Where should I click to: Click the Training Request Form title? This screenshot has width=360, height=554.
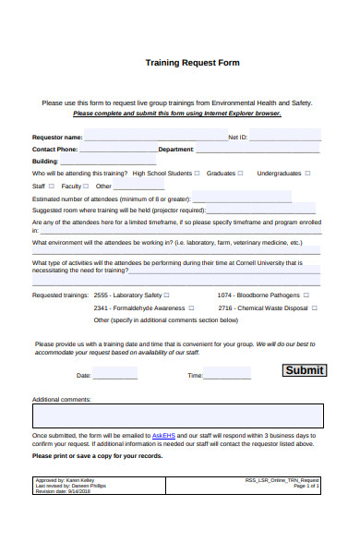tap(193, 64)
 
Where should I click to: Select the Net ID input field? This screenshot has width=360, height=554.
tap(285, 136)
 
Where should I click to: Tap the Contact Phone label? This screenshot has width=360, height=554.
tap(54, 148)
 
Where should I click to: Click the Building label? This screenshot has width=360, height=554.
tap(45, 161)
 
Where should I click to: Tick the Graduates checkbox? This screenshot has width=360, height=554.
tap(241, 173)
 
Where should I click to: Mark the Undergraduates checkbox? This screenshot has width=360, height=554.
tap(308, 173)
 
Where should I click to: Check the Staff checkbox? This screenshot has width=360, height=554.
tap(52, 186)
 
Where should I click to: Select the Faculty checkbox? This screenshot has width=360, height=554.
tap(90, 186)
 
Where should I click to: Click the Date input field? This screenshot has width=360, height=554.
tap(114, 374)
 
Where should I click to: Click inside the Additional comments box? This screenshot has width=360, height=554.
tap(177, 415)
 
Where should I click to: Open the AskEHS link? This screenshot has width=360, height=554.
tap(164, 434)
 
